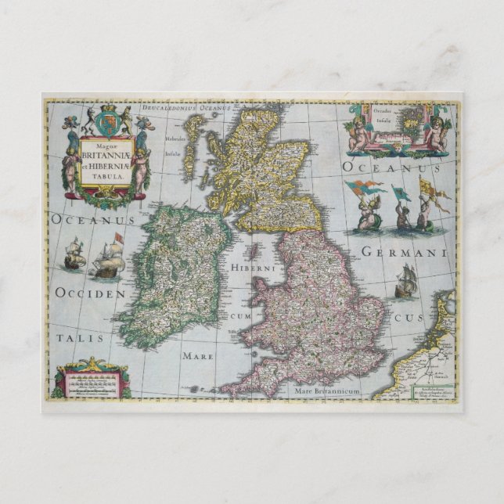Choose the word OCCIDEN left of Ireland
point(90,293)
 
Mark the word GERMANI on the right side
point(404,253)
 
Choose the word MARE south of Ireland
point(199,355)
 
